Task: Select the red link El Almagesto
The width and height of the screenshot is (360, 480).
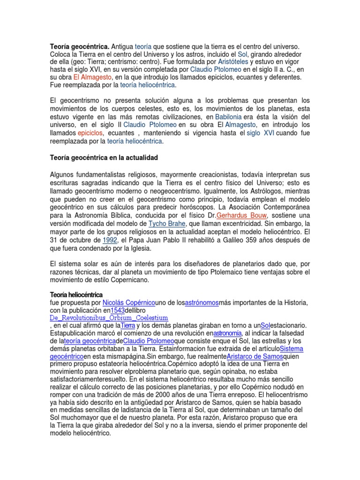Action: point(92,77)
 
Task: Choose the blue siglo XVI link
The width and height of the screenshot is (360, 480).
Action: point(261,133)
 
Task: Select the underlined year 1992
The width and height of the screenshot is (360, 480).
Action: point(110,240)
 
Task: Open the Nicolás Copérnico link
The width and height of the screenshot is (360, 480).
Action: point(129,303)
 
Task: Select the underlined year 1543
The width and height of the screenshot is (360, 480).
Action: point(117,310)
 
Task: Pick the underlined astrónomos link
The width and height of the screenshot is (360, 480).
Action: point(202,303)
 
